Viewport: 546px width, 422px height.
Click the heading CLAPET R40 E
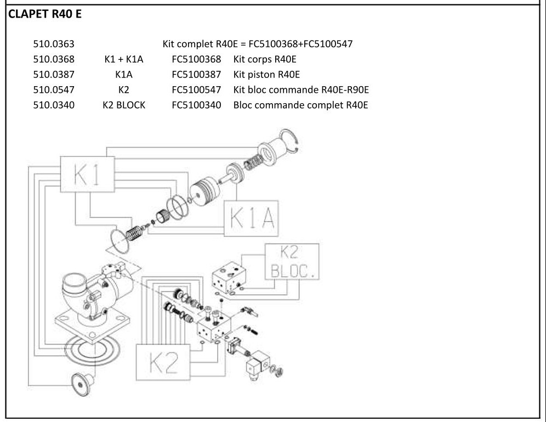pyautogui.click(x=44, y=14)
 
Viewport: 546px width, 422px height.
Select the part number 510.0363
pyautogui.click(x=54, y=44)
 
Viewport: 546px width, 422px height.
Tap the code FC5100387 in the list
pyautogui.click(x=196, y=74)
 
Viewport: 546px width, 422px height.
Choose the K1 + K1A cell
pyautogui.click(x=123, y=59)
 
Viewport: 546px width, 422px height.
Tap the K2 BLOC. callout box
pyautogui.click(x=291, y=262)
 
